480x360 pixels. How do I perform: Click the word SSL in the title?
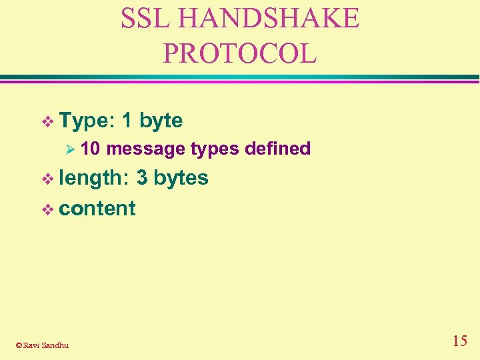coord(143,19)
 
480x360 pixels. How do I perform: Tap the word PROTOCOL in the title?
coord(240,53)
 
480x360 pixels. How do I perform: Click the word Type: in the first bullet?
coord(87,121)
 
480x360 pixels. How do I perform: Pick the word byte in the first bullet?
coord(161,121)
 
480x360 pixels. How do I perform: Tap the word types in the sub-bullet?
coord(215,149)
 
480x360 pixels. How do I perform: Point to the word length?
coord(95,178)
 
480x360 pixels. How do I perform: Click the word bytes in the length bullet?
coord(181,178)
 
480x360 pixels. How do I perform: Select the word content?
coord(97,208)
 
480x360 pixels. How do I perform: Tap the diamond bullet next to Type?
coord(47,121)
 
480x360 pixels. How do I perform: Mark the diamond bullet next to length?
coord(47,179)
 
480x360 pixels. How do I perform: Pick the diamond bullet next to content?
coord(47,209)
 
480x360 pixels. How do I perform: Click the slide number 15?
coord(459,341)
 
